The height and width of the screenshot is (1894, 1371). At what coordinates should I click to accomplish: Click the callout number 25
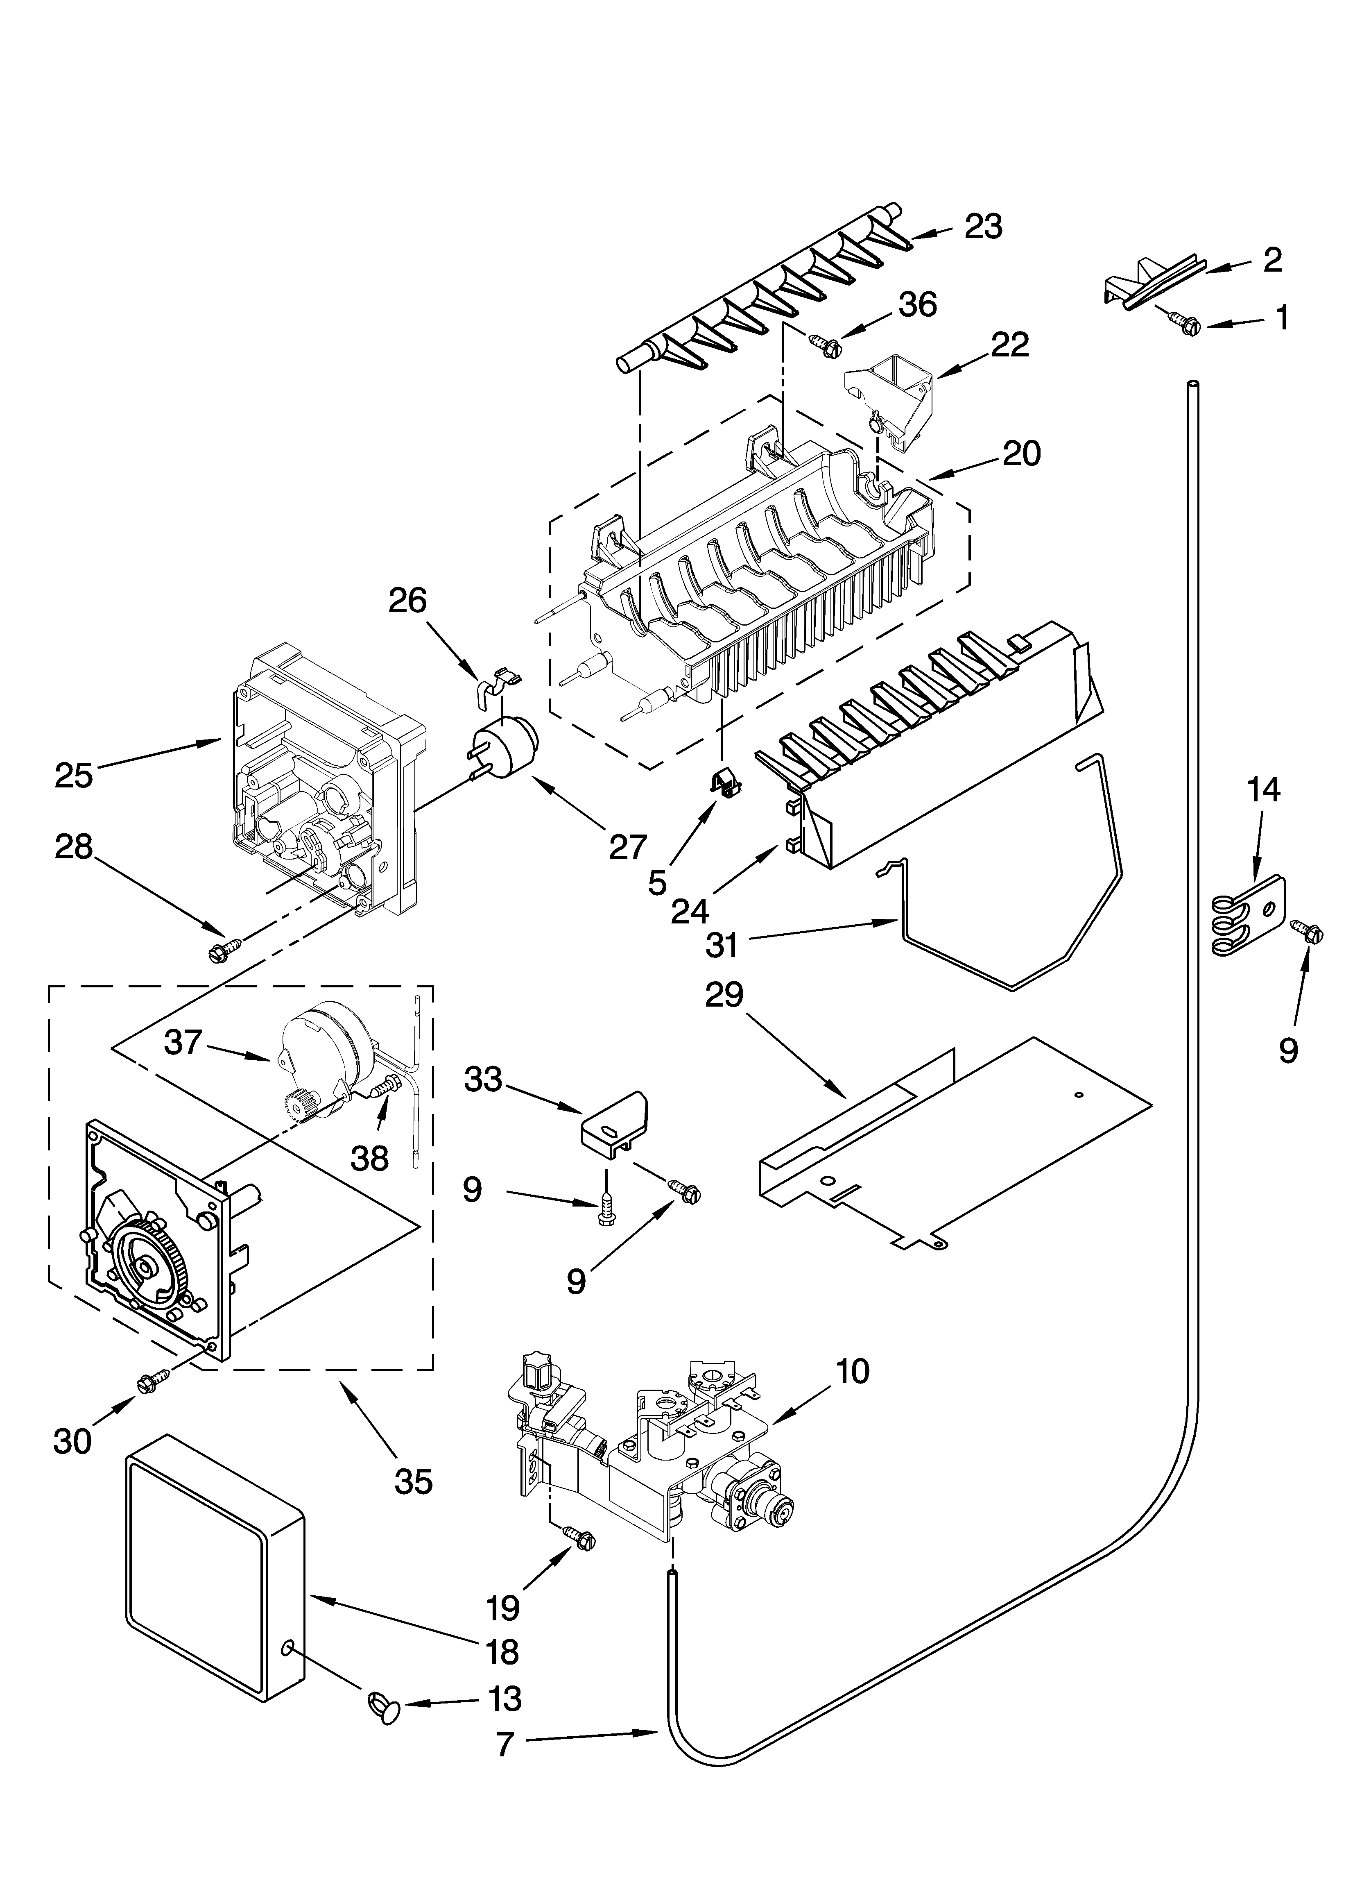[x=73, y=775]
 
